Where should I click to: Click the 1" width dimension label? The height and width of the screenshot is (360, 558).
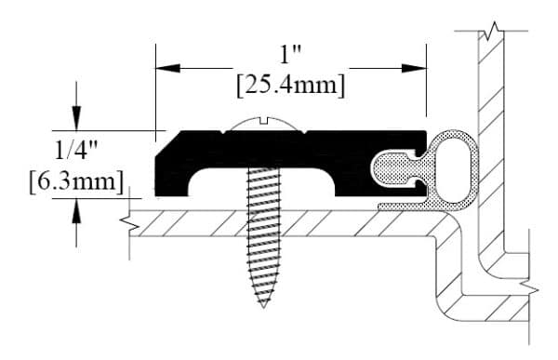(291, 55)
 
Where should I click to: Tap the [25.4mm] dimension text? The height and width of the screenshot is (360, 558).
(291, 86)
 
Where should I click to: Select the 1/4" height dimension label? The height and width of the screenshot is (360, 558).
(76, 150)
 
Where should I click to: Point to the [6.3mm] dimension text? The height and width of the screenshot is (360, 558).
(76, 182)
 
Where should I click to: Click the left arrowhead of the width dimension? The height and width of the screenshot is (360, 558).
(167, 68)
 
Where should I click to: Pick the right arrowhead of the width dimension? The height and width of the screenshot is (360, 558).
(414, 68)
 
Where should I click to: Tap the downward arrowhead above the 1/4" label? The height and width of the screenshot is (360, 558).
(76, 118)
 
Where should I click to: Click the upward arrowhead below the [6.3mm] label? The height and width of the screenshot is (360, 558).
(76, 211)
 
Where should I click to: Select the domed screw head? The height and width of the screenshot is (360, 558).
(264, 123)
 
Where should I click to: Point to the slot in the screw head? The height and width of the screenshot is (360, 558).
(264, 120)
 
